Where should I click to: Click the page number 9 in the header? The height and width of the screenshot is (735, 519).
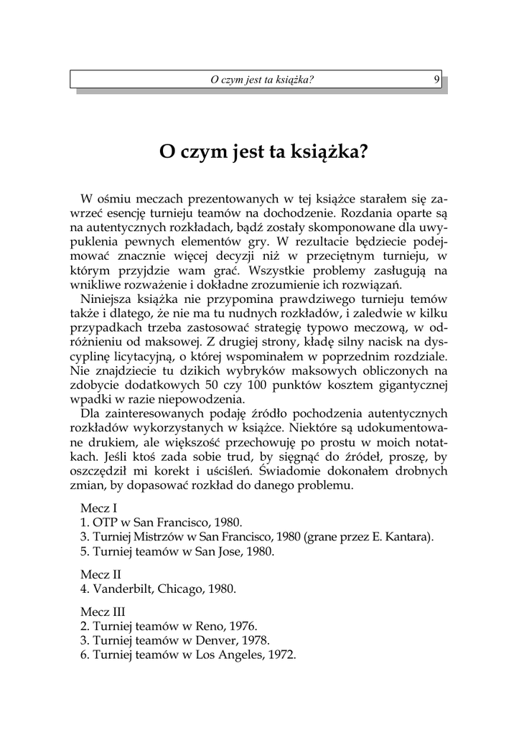point(436,80)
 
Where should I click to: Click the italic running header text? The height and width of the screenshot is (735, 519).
point(262,80)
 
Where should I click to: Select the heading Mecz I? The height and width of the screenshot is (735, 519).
point(100,507)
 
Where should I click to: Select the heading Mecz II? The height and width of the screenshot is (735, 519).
point(102,574)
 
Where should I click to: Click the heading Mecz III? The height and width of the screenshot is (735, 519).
point(103,611)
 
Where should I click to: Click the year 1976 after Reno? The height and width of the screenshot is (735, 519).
point(240,625)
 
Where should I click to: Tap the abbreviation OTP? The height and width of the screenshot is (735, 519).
point(106,523)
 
